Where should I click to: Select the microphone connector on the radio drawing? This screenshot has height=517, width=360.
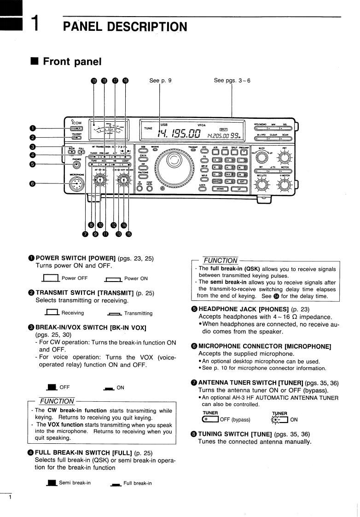(x=74, y=184)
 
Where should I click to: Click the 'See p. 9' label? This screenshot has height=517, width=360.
(x=160, y=81)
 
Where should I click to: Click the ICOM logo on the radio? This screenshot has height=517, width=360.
(x=76, y=123)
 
